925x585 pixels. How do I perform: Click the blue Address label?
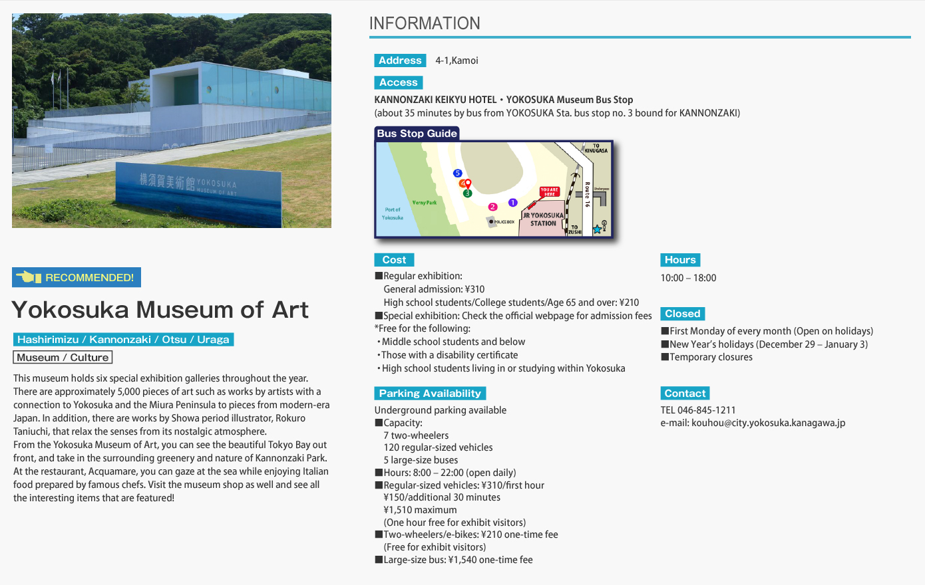[400, 60]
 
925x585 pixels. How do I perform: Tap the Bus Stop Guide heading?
[417, 134]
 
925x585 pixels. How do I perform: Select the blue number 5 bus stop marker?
[457, 174]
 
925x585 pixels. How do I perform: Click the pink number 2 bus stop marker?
[492, 207]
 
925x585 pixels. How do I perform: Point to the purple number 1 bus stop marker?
[512, 203]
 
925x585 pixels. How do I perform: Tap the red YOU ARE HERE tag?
[549, 192]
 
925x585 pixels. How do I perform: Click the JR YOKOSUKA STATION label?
[543, 219]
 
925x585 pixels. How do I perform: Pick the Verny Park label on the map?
[425, 203]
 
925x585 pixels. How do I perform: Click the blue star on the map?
[597, 229]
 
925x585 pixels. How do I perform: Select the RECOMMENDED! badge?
[77, 277]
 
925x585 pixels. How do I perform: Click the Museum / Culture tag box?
[63, 357]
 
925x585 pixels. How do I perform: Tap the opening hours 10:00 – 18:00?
[688, 278]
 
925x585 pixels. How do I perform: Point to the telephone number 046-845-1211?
[707, 410]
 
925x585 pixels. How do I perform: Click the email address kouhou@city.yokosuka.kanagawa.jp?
[768, 423]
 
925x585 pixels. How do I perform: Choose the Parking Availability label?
[430, 393]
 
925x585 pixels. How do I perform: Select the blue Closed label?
[683, 314]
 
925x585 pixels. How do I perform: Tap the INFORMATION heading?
[425, 23]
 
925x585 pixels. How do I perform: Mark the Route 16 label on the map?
[587, 194]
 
